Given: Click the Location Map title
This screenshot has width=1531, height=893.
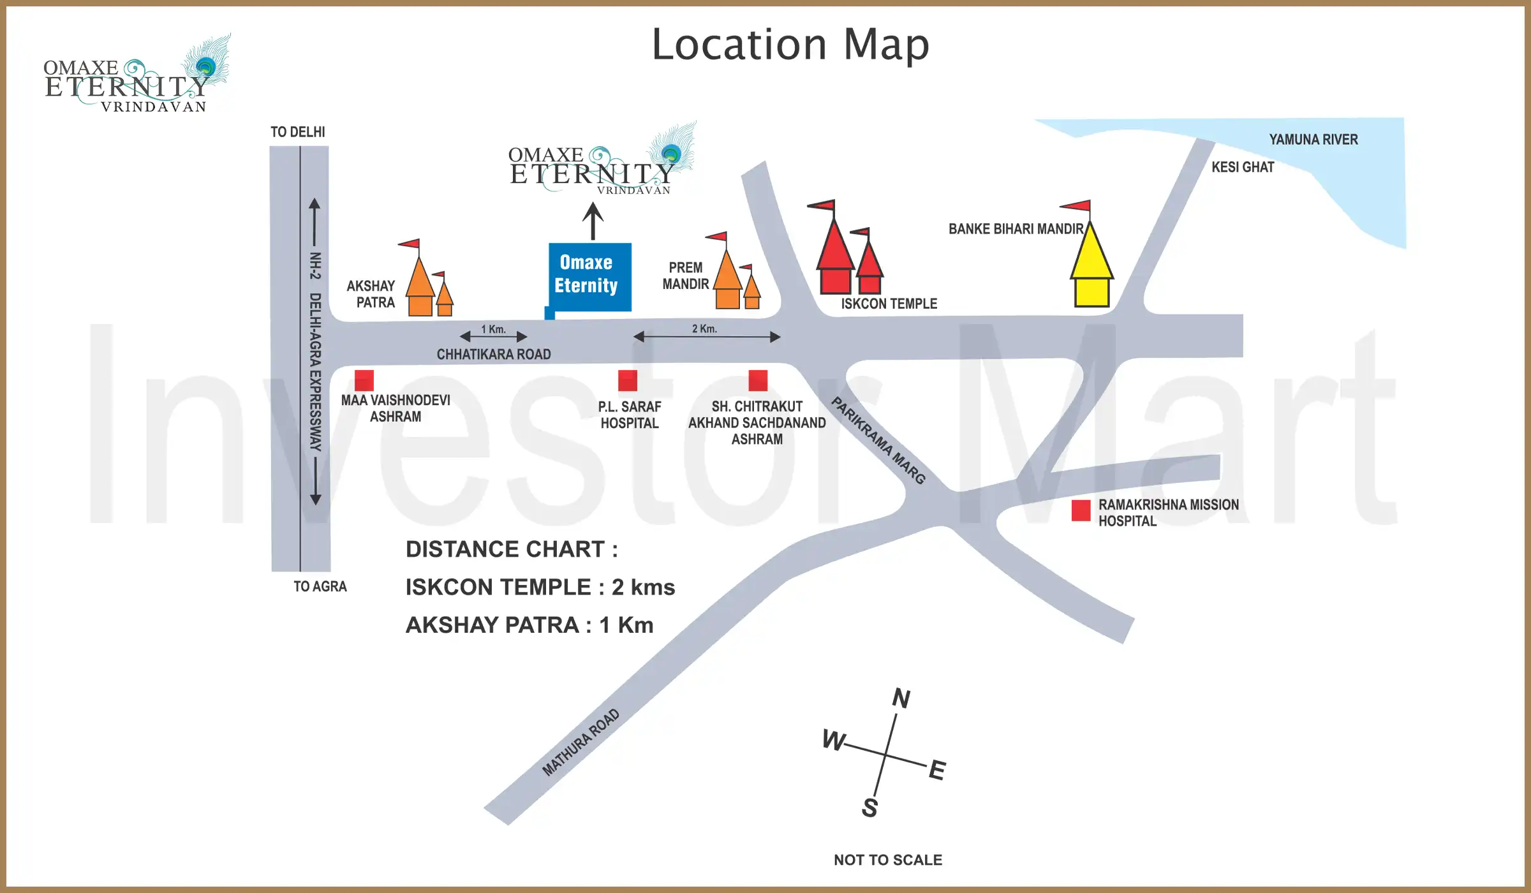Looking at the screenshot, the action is (x=790, y=45).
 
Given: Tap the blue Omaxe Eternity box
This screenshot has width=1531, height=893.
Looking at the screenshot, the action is (x=590, y=276).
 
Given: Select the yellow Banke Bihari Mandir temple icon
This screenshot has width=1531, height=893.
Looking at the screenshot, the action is (x=1091, y=265).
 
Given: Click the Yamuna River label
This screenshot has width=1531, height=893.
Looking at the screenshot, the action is (x=1313, y=140).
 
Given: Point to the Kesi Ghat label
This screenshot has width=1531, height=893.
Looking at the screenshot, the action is (x=1242, y=167).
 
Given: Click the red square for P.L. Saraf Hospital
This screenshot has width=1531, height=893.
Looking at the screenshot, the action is (x=628, y=380).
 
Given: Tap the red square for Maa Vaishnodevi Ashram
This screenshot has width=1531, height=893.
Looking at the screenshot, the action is (x=364, y=380).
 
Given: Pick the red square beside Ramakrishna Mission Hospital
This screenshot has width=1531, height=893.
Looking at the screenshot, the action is (x=1081, y=510).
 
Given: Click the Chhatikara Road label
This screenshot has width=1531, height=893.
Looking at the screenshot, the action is (x=494, y=355).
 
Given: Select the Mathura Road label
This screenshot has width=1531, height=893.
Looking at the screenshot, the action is (x=581, y=742).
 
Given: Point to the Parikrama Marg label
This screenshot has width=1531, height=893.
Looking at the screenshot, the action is (x=878, y=440).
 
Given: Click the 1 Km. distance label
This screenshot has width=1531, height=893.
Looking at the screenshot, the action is (x=493, y=329).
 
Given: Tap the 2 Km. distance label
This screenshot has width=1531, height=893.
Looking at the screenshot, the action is (x=704, y=328).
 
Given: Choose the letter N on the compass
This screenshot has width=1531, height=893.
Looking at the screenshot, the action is (x=901, y=698).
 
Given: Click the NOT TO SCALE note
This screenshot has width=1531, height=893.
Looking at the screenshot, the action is (x=887, y=860).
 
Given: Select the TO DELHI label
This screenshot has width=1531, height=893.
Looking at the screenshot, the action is (x=298, y=132).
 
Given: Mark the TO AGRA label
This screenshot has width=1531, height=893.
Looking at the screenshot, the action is (x=320, y=587).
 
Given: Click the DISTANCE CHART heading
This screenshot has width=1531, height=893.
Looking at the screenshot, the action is (x=512, y=549).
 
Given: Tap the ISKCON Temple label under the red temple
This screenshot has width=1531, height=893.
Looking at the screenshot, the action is (x=889, y=304).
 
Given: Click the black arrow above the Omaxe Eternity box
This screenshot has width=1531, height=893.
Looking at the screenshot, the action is (x=593, y=221).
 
